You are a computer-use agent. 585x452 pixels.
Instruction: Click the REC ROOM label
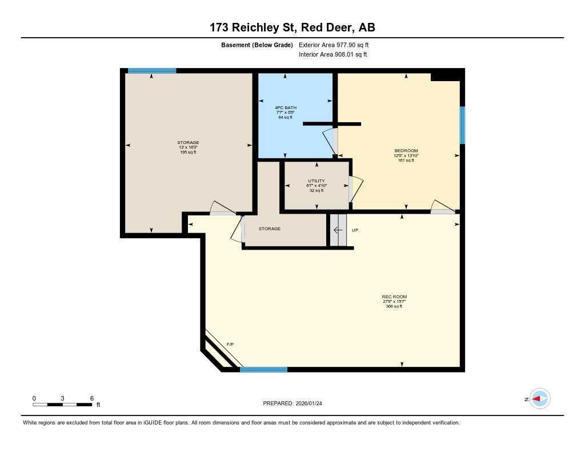(394, 297)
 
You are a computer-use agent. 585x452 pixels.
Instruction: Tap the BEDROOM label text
(406, 151)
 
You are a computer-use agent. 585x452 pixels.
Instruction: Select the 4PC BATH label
(286, 107)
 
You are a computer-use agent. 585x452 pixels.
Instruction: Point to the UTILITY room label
(316, 181)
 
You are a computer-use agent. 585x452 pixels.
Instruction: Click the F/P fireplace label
(230, 344)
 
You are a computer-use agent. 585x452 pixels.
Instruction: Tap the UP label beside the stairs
(355, 230)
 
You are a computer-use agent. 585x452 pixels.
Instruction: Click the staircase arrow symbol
(338, 230)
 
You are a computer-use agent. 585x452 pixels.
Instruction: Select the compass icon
(539, 399)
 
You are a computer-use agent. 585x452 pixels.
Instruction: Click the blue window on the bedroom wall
(462, 125)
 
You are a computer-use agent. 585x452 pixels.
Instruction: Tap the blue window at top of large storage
(151, 71)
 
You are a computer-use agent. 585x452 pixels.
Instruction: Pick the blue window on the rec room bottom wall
(263, 370)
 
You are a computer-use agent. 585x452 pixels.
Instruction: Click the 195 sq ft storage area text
(188, 153)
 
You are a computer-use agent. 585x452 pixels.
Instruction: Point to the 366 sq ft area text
(394, 307)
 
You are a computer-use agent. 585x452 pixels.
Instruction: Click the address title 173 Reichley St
(292, 27)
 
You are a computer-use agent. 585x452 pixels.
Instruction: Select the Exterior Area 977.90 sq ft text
(338, 45)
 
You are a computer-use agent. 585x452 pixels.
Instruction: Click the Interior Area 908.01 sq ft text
(332, 55)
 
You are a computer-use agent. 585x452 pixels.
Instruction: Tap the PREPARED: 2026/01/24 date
(296, 403)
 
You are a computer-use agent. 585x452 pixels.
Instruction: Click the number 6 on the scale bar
(91, 398)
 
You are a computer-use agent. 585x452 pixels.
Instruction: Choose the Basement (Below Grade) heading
(257, 45)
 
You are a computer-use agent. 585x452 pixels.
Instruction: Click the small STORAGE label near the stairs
(269, 229)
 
